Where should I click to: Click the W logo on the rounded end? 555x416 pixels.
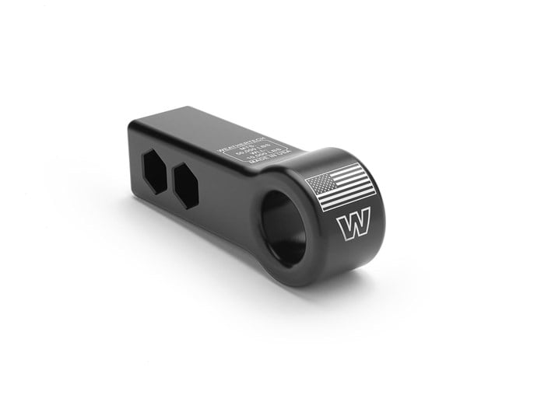(x=353, y=226)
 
